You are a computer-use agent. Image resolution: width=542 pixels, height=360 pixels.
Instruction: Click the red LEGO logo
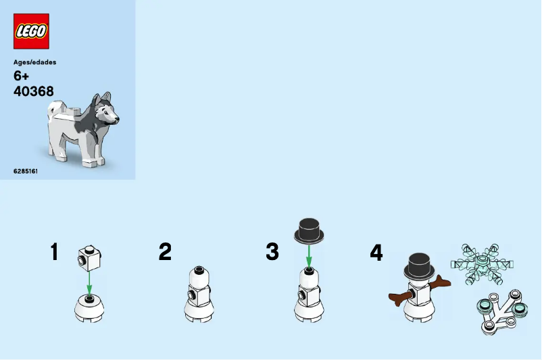pyautogui.click(x=31, y=31)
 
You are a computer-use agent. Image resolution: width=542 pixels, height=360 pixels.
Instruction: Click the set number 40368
pyautogui.click(x=34, y=91)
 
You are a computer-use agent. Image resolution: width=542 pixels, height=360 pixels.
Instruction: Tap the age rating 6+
pyautogui.click(x=21, y=76)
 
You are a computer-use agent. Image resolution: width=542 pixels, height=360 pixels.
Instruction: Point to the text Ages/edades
pyautogui.click(x=34, y=62)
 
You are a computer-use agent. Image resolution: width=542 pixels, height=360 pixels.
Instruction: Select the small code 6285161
pyautogui.click(x=26, y=171)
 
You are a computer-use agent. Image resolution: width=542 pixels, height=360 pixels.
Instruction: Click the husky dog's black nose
pyautogui.click(x=117, y=119)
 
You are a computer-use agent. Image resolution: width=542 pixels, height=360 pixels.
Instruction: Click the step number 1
pyautogui.click(x=54, y=251)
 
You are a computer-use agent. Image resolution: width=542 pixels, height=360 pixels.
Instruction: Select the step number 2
pyautogui.click(x=165, y=251)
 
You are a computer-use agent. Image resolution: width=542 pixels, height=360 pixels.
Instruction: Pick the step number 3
pyautogui.click(x=272, y=251)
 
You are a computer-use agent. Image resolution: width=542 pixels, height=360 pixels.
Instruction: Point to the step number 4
pyautogui.click(x=376, y=252)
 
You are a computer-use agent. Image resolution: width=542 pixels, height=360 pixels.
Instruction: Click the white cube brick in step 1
pyautogui.click(x=89, y=258)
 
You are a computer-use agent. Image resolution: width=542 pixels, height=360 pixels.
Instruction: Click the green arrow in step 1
pyautogui.click(x=89, y=282)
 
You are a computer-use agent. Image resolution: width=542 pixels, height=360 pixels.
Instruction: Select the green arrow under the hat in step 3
pyautogui.click(x=309, y=257)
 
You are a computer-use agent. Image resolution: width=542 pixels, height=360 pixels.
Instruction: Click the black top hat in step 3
pyautogui.click(x=309, y=230)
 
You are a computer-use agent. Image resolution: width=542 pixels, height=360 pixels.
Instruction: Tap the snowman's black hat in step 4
pyautogui.click(x=419, y=266)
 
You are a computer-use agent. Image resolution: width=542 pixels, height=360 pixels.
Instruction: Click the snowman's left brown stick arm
pyautogui.click(x=401, y=298)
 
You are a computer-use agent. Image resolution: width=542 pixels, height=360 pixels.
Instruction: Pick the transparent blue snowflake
pyautogui.click(x=482, y=264)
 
